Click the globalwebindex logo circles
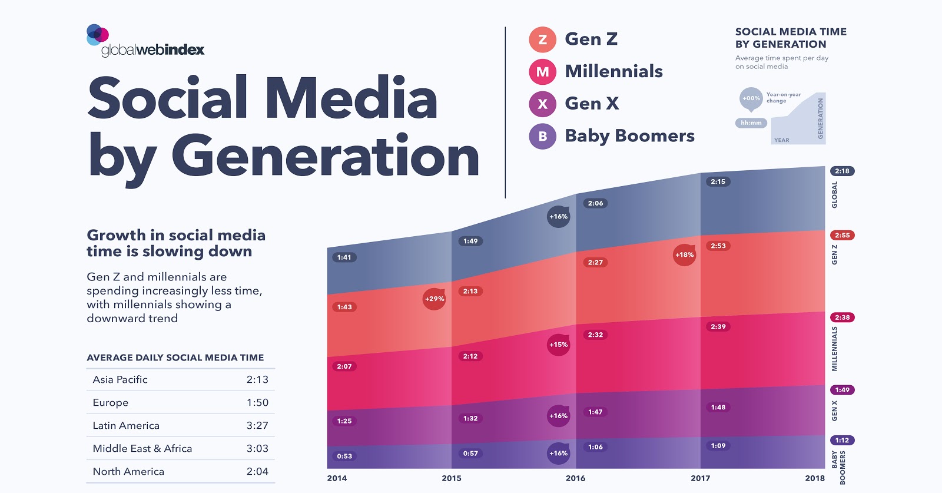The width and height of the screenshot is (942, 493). tap(97, 34)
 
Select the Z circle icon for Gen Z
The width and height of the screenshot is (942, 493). tap(542, 39)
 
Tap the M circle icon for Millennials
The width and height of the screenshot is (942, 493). tap(542, 72)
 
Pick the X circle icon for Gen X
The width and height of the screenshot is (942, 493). tap(542, 104)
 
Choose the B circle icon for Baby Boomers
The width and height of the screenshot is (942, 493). tap(542, 137)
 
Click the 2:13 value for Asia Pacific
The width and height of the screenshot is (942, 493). tap(257, 380)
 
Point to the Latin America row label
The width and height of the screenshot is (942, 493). tap(126, 426)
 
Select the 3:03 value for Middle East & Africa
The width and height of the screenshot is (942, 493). tap(257, 449)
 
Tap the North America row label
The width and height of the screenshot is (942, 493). tap(128, 472)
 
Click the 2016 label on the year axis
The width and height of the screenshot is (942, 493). tap(575, 478)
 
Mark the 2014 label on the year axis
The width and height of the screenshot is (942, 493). tap(337, 478)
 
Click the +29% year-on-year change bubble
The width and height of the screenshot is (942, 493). tap(434, 299)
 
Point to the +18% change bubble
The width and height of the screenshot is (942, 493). tap(684, 255)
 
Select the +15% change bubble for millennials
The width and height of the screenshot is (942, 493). tap(558, 345)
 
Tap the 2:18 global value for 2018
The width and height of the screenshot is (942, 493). tap(842, 171)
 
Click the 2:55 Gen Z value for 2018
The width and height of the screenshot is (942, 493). tap(842, 236)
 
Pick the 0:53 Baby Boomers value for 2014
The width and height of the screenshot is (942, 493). tap(344, 456)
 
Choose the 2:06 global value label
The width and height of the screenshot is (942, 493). tap(595, 204)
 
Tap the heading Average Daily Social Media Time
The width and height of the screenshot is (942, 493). tap(175, 358)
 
